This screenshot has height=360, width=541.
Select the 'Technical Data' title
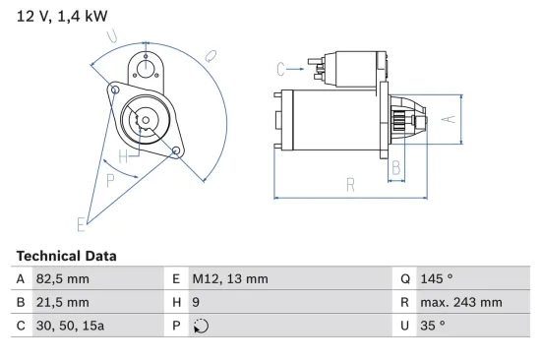point(66,256)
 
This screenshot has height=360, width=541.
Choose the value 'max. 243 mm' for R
point(463,303)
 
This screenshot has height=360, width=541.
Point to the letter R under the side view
point(350,183)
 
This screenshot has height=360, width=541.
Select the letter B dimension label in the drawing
point(397,167)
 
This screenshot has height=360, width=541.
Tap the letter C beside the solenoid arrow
point(280,69)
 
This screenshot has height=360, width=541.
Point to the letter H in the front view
point(124,156)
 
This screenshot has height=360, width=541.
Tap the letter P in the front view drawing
point(110,179)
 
